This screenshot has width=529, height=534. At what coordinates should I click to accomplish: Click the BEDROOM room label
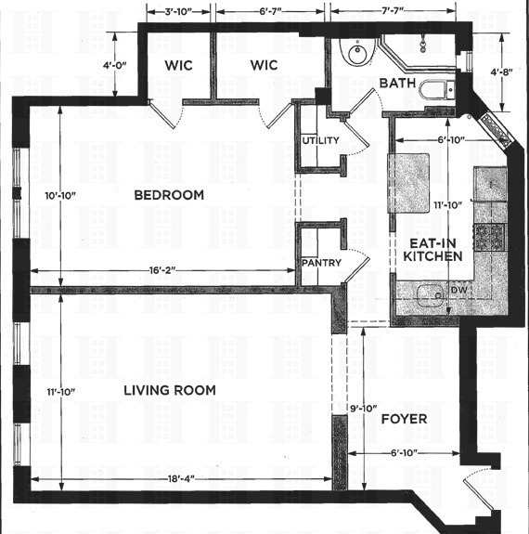pyautogui.click(x=168, y=195)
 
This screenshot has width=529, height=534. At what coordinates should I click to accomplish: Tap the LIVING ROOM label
pyautogui.click(x=170, y=390)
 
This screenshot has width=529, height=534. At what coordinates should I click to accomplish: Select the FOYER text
pyautogui.click(x=404, y=419)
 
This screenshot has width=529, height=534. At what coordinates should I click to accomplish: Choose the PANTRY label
pyautogui.click(x=321, y=263)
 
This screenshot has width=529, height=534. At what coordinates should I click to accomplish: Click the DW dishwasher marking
pyautogui.click(x=459, y=291)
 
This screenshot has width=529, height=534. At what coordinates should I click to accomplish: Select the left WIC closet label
pyautogui.click(x=178, y=66)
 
